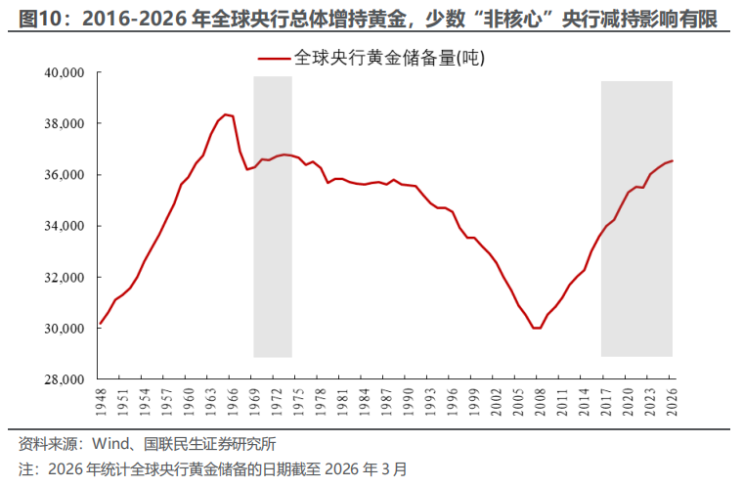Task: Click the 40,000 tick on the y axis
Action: pos(66,73)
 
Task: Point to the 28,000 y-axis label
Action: pos(66,379)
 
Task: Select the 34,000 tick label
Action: pos(66,227)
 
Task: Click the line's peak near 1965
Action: pos(225,114)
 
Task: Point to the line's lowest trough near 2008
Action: pos(537,328)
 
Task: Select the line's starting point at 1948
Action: pos(100,323)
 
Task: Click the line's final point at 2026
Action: pos(673,160)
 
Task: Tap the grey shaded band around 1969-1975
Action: pos(273,215)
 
